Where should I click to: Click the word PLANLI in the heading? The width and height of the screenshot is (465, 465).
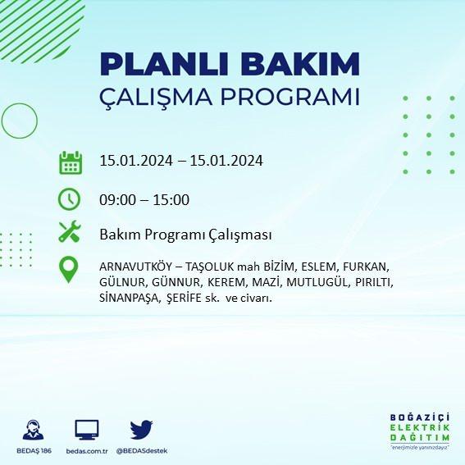point(164,65)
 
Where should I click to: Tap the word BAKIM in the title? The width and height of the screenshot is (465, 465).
point(300,65)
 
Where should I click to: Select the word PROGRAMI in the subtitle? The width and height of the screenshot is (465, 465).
point(290,97)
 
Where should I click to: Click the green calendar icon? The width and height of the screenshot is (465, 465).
point(71,162)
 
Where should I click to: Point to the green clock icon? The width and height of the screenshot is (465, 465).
point(69,199)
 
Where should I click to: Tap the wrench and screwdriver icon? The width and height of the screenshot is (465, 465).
point(70,231)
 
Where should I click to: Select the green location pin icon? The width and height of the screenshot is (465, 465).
point(69,270)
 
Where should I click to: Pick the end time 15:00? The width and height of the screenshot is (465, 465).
point(171,200)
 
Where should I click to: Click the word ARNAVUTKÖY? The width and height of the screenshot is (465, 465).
point(135,267)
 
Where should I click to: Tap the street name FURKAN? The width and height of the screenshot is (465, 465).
point(366,267)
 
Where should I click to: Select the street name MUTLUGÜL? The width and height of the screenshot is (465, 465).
point(317,282)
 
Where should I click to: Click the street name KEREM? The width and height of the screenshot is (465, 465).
point(227,282)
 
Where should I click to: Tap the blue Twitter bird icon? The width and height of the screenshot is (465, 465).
point(141,429)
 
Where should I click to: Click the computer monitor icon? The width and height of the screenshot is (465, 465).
point(87,430)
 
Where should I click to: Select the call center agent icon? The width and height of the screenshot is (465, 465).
point(33,430)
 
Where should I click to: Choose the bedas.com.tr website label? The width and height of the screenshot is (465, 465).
point(87,451)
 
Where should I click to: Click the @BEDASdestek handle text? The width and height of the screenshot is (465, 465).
point(142,451)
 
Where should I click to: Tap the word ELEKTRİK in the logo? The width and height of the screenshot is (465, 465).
point(420,427)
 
